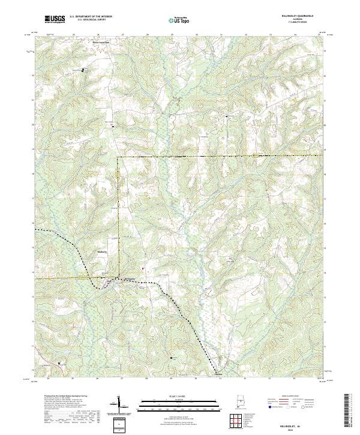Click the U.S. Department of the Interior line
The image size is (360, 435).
91,16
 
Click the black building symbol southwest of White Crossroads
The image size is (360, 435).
83,71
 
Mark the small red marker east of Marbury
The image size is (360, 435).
143,268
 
